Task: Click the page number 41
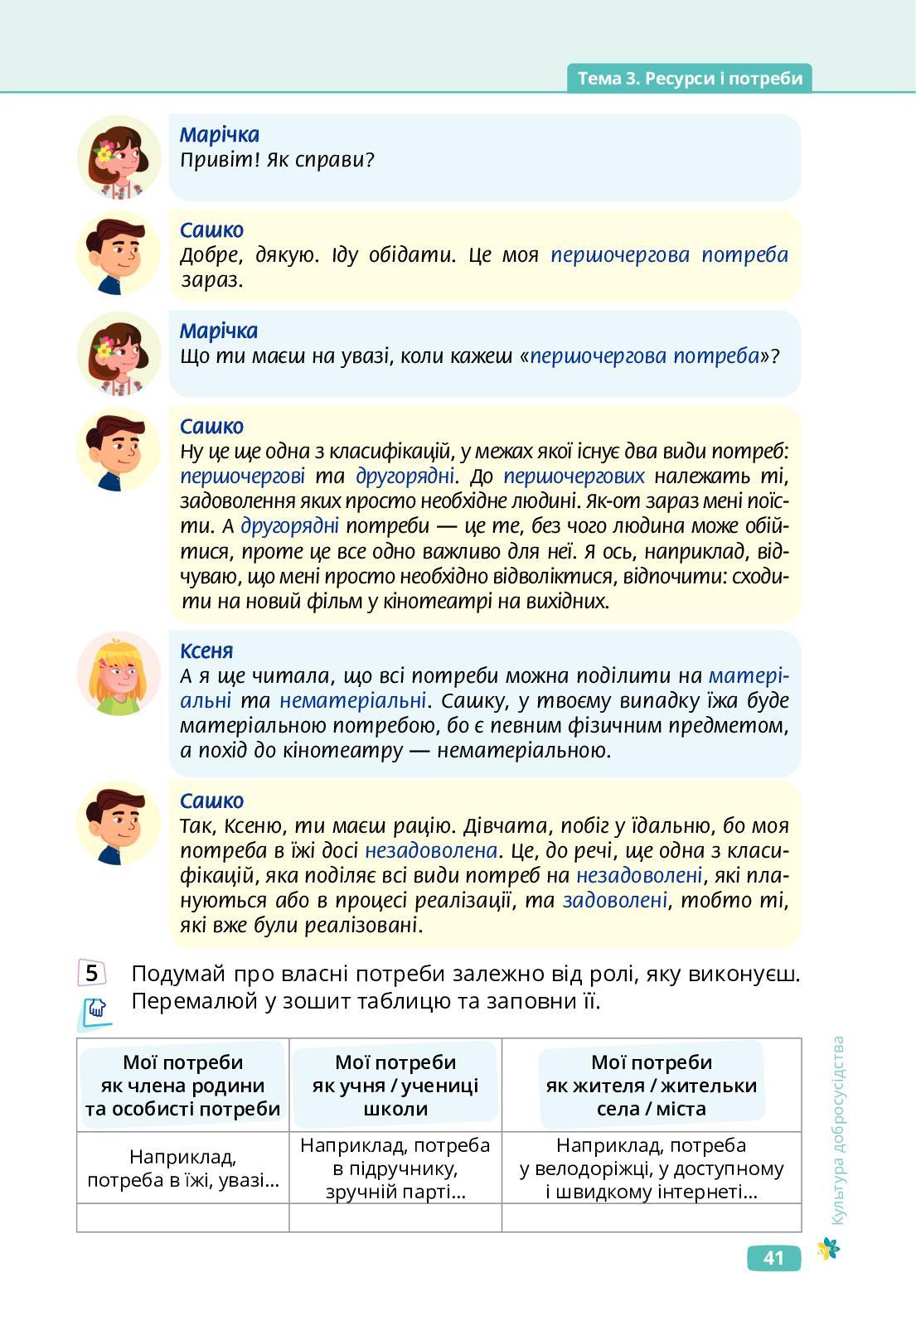773,1258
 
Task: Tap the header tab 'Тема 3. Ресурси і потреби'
690,78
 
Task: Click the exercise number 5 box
91,973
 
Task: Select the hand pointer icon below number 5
97,1009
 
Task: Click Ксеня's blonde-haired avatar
119,675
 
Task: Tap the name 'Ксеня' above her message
206,651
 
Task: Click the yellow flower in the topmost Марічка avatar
105,151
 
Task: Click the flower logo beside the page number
827,1249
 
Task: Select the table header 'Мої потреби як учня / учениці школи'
395,1085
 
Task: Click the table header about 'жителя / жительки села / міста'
652,1085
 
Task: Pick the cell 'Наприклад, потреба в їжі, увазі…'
183,1168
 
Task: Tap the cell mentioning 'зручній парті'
395,1168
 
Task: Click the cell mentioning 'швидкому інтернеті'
652,1168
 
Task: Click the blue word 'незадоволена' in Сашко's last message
431,850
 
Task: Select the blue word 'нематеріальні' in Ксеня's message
352,700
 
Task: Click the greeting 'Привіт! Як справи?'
277,159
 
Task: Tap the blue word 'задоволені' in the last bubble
615,900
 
